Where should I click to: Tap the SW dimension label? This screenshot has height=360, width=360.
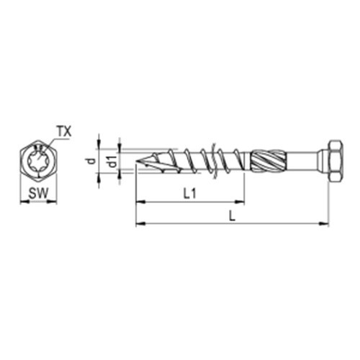tap(38, 193)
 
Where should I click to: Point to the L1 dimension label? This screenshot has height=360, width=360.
tap(190, 193)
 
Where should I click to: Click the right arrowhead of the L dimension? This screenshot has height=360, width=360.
tap(325, 224)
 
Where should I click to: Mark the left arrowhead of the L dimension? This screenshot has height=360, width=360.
tap(139, 224)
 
